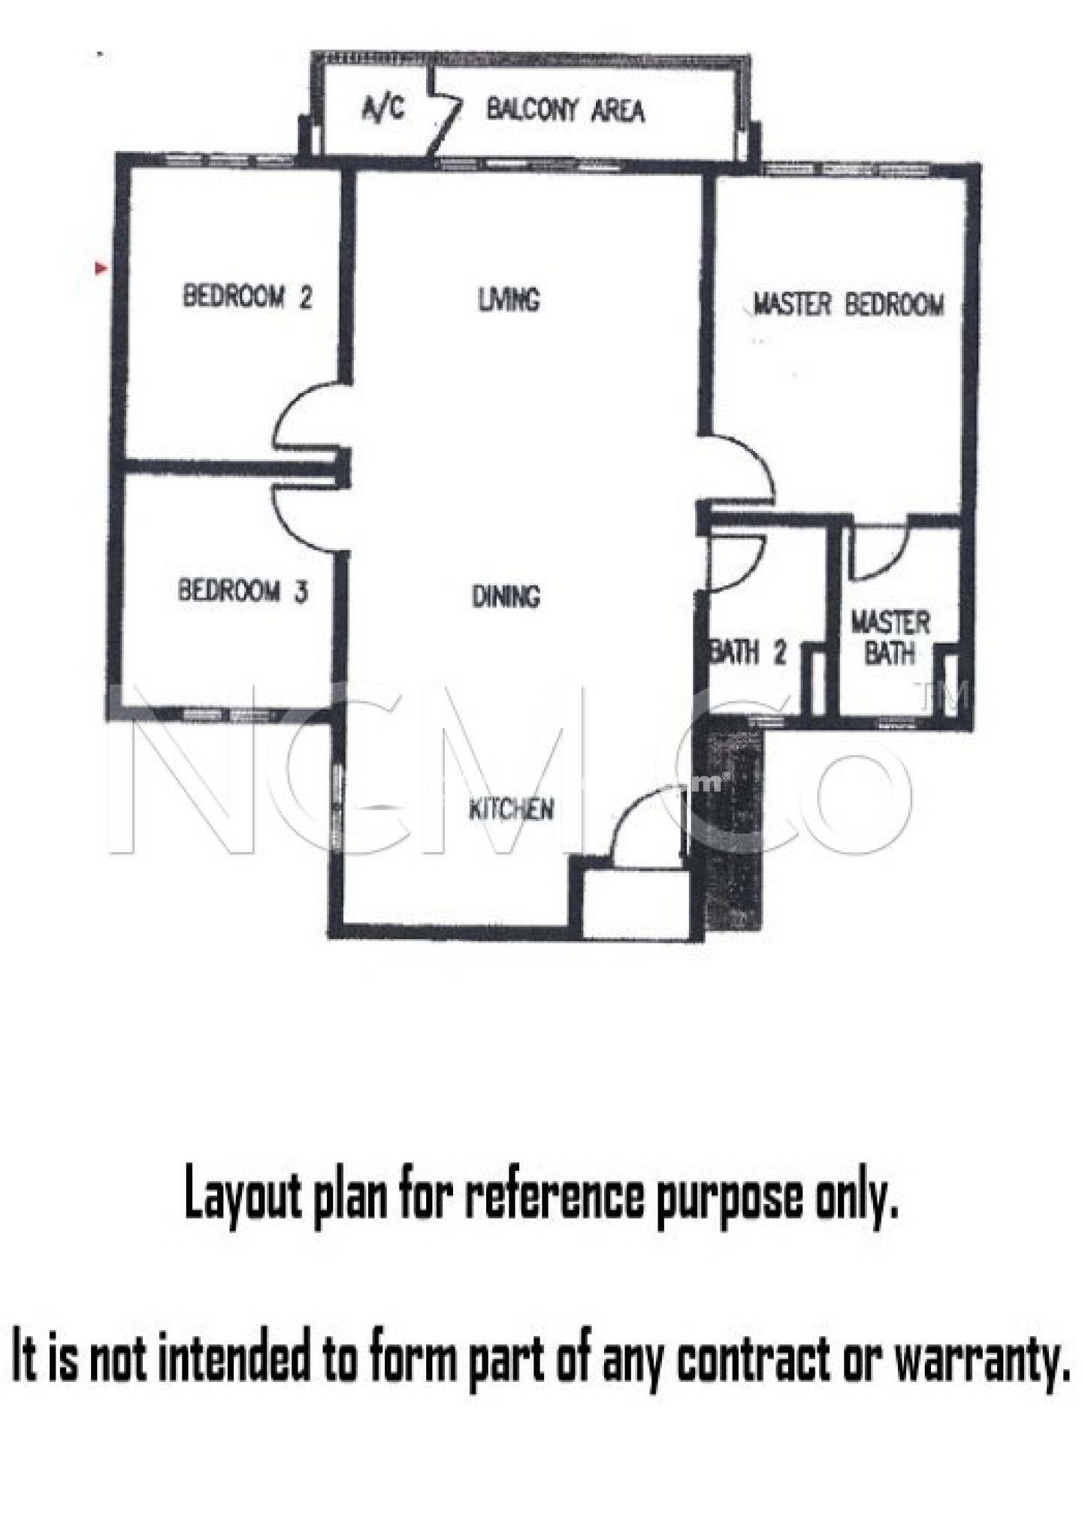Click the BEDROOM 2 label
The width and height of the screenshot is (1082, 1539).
coord(247,296)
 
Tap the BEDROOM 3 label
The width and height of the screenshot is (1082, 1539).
coord(243,591)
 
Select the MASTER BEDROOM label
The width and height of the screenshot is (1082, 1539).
coord(848,304)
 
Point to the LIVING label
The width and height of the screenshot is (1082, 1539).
coord(509,300)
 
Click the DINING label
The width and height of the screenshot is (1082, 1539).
coord(506,597)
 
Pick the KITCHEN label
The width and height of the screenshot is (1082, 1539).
coord(511,809)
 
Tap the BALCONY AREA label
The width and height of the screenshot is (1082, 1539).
coord(565,110)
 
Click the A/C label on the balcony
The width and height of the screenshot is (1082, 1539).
coord(383,110)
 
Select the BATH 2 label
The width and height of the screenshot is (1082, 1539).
coord(748,652)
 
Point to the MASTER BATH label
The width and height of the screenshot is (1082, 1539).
coord(890,637)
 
